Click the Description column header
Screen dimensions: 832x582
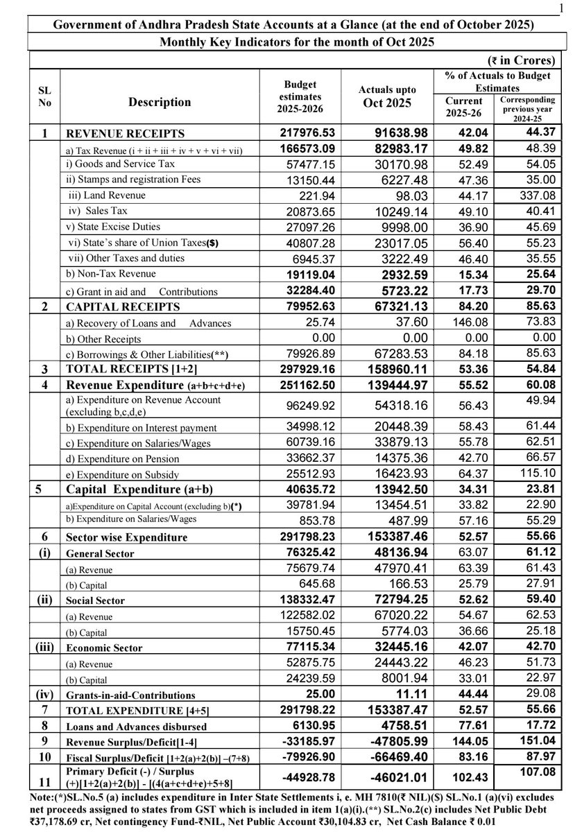pyautogui.click(x=160, y=102)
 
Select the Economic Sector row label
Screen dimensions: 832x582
pyautogui.click(x=103, y=648)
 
